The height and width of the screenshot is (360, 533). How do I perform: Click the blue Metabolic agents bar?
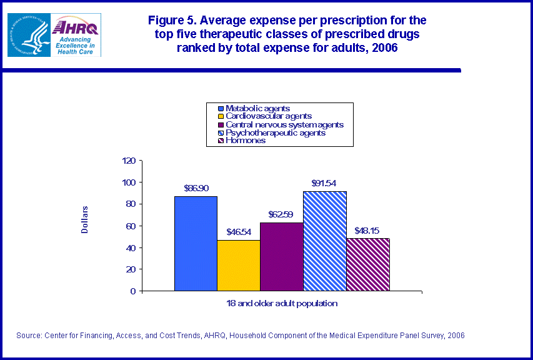196,244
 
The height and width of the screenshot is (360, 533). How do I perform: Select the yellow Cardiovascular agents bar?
239,266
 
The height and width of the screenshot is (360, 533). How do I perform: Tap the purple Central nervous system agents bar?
282,257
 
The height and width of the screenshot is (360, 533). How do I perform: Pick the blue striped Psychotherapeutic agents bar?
325,241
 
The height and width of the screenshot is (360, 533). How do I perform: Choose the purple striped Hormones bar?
368,264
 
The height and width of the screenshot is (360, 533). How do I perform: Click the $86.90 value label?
196,187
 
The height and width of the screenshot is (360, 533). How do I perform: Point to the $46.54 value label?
239,232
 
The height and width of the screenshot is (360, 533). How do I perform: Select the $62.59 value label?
282,214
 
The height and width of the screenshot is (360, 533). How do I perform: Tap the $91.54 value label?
325,183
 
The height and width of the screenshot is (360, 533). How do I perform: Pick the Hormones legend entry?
246,141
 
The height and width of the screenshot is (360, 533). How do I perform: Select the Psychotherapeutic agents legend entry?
275,132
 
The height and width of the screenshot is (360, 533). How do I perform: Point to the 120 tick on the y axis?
128,161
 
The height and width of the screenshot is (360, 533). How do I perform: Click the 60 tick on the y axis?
130,226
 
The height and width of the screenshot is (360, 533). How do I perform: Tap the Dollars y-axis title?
85,220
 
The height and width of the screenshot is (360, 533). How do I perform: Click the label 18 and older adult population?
282,303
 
